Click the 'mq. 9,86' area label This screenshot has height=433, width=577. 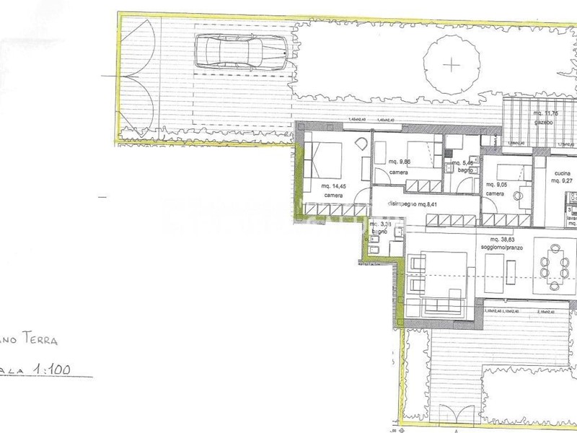pos(399,162)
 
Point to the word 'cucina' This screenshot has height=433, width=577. pos(563,173)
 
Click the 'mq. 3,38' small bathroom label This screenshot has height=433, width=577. pos(379,224)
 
